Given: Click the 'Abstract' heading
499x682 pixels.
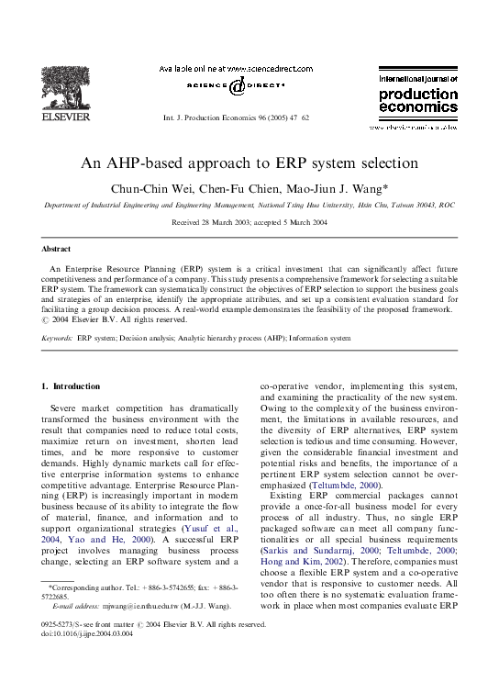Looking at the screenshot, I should click(56, 249).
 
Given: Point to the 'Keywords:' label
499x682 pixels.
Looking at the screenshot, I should click(58, 339).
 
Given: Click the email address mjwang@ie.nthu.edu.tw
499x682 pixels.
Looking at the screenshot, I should click(127, 606).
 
